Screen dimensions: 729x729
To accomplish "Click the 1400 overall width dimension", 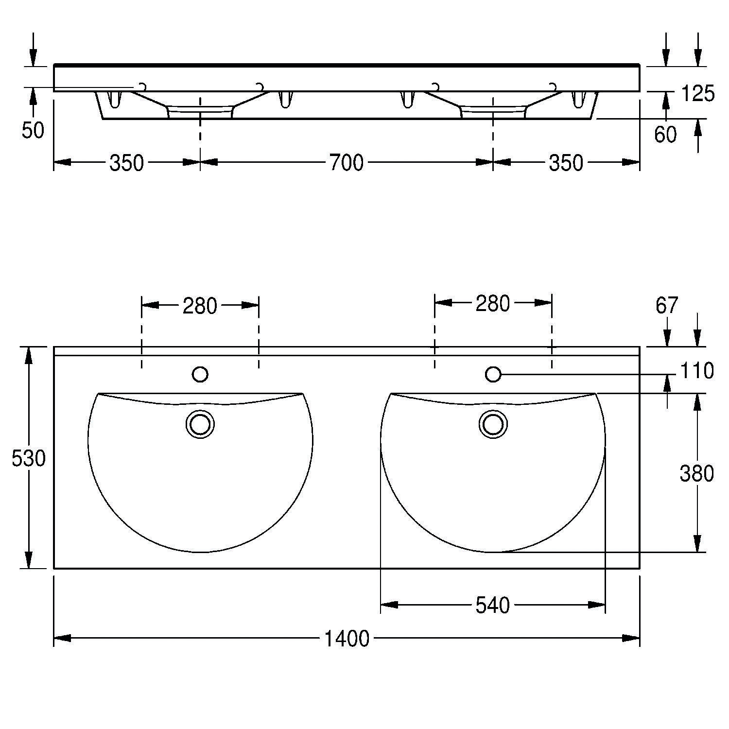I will (x=347, y=639).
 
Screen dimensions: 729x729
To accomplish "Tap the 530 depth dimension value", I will (x=28, y=458).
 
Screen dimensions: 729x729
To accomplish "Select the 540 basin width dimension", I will (x=492, y=606).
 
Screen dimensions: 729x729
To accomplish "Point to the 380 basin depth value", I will (x=696, y=473).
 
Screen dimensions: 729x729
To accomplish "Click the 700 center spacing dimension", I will (x=346, y=163).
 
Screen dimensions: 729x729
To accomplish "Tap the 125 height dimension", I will (x=698, y=93).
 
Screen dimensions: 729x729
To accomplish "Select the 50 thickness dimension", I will (x=33, y=130).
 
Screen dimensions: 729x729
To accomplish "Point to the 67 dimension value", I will (x=666, y=306).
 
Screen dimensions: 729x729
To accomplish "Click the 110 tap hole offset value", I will (x=696, y=371).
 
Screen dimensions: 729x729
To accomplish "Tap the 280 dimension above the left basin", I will (x=199, y=306).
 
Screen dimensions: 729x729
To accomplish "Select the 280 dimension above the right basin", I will (x=492, y=304).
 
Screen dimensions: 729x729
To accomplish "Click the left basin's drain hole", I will (x=200, y=424).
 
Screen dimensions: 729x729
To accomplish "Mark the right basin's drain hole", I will (x=493, y=424).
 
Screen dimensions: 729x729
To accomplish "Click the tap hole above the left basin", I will (x=200, y=374).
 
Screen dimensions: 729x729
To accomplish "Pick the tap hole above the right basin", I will (x=493, y=374).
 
